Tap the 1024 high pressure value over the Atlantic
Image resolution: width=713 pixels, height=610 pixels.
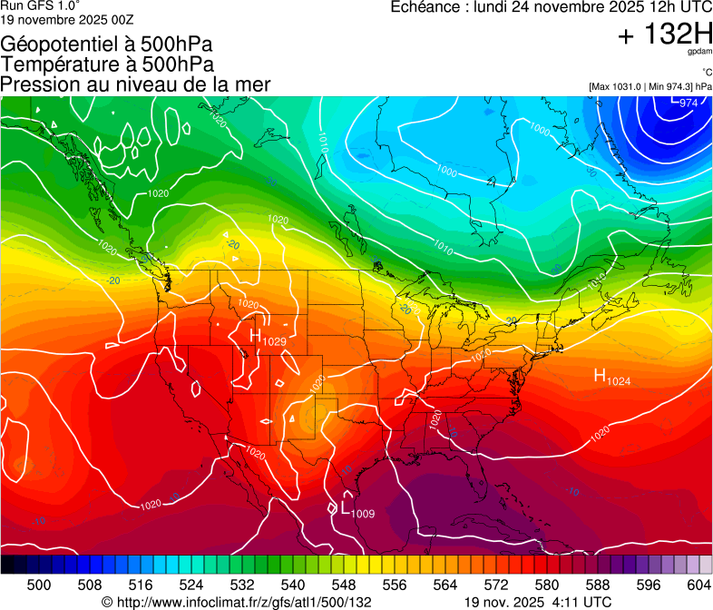pos(618,381)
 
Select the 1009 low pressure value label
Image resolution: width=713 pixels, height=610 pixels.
pos(363,514)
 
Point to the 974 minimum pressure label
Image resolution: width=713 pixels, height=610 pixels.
pos(689,103)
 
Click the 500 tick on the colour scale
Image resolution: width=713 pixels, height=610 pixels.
pos(39,585)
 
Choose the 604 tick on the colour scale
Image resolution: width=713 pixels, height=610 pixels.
pos(699,585)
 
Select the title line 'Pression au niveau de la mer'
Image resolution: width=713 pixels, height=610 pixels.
pos(136,84)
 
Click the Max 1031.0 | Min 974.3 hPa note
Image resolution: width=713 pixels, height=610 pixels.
pos(650,86)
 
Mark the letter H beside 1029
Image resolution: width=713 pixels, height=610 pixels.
pos(257,336)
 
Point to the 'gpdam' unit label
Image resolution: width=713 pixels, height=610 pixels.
pos(698,52)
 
